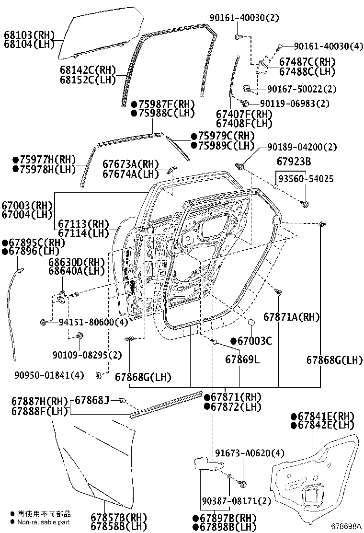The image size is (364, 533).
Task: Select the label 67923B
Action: pyautogui.click(x=294, y=161)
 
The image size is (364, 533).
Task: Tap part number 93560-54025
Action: pyautogui.click(x=307, y=179)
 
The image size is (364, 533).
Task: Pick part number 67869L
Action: pyautogui.click(x=242, y=359)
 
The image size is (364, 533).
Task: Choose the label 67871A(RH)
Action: pyautogui.click(x=292, y=317)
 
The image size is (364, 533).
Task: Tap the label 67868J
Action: pyautogui.click(x=92, y=400)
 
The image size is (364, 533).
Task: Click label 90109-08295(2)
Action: pyautogui.click(x=87, y=355)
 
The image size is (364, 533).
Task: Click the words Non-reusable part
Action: pyautogui.click(x=43, y=522)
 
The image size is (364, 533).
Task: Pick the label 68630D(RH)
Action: pyautogui.click(x=76, y=262)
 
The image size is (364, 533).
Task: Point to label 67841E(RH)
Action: pyautogui.click(x=326, y=416)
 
